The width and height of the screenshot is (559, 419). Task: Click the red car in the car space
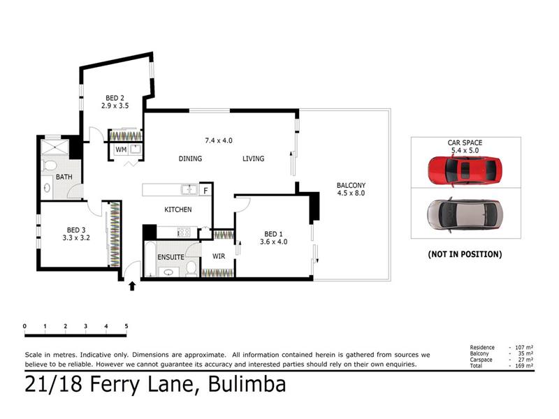click(465, 171)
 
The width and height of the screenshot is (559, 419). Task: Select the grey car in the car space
click(465, 215)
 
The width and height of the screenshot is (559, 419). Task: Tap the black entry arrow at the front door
click(132, 286)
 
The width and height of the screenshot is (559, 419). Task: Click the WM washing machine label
click(121, 150)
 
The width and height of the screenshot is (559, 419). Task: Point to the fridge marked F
click(205, 191)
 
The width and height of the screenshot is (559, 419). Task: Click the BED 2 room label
click(115, 98)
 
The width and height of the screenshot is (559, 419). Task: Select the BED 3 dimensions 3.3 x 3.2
click(76, 238)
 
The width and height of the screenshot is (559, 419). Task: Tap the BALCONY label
click(351, 185)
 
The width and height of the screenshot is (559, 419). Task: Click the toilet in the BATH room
click(50, 166)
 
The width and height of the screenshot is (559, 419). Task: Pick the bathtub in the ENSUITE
click(150, 259)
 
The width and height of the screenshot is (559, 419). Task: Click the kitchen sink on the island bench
click(189, 189)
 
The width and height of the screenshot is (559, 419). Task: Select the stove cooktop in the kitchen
click(184, 233)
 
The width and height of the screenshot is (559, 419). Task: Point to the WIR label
click(219, 256)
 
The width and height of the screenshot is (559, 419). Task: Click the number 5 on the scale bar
click(126, 326)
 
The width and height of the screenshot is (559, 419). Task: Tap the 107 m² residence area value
click(524, 347)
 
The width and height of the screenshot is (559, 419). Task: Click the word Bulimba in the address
click(247, 384)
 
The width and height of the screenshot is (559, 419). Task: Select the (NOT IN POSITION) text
click(465, 254)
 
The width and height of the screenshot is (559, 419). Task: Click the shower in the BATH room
click(55, 147)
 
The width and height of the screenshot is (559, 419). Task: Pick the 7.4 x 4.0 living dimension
click(219, 141)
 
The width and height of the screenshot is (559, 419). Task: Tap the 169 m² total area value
click(524, 365)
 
